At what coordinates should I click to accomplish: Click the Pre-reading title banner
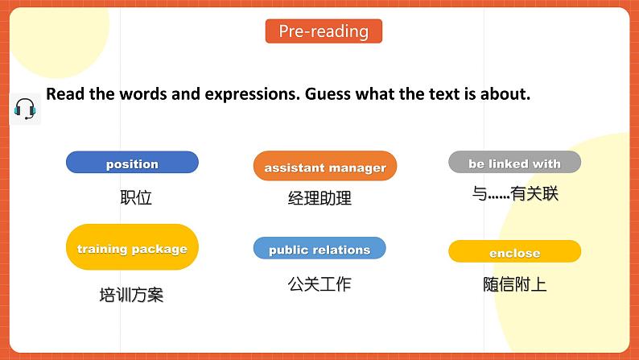pos(324,31)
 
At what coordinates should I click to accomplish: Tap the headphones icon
pos(25,109)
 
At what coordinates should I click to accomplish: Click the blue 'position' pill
pos(132,163)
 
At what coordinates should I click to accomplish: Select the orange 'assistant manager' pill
pos(325,168)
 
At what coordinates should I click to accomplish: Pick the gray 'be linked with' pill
pos(514,163)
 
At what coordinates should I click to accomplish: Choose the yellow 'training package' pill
pos(132,248)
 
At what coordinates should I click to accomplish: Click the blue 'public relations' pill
pos(319,249)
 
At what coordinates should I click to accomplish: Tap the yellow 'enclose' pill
pos(514,252)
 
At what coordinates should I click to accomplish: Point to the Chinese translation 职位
pos(135,197)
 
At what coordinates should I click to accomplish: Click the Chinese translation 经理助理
pos(319,198)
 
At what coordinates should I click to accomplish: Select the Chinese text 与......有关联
pos(515,193)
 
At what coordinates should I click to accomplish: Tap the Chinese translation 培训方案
pos(131,295)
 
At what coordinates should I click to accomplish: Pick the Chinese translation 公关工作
pos(319,283)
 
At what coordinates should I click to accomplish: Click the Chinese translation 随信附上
pos(515,283)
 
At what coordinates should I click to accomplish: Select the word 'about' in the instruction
pos(504,93)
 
